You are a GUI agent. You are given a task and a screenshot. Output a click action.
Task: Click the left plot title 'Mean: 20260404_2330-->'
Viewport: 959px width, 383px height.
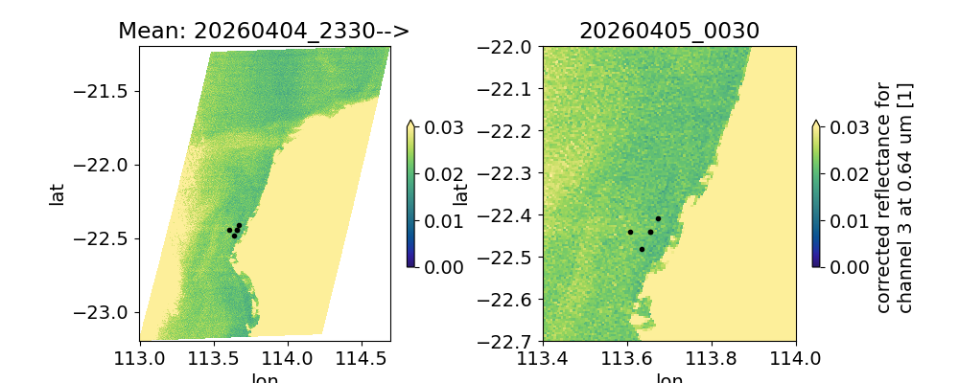(x=264, y=31)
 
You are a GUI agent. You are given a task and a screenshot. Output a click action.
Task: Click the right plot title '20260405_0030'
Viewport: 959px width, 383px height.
(x=669, y=31)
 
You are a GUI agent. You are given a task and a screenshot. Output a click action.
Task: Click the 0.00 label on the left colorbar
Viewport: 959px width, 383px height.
(x=437, y=266)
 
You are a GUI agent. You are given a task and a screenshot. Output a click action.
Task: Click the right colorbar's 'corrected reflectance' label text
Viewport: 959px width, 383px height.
(x=883, y=196)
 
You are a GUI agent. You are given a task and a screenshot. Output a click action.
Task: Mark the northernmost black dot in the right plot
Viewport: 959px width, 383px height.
(x=658, y=218)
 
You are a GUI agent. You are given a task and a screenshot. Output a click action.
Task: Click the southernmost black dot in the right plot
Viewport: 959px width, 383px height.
(x=642, y=249)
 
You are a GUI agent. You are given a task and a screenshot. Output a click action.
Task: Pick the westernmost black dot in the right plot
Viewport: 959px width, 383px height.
(x=630, y=232)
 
